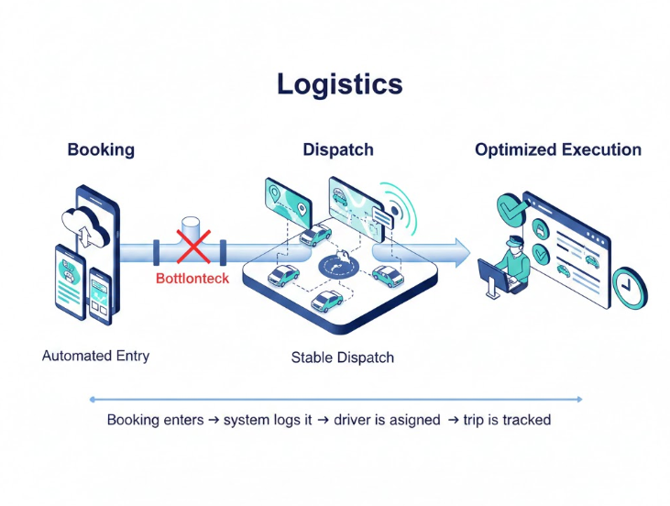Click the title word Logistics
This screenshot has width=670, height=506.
pyautogui.click(x=339, y=83)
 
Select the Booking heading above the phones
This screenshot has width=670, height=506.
pyautogui.click(x=101, y=149)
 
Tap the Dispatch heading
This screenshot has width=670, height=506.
pyautogui.click(x=338, y=149)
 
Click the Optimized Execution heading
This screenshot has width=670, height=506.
pyautogui.click(x=557, y=149)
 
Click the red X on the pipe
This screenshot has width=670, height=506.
pyautogui.click(x=193, y=248)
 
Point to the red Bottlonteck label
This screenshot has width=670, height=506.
pyautogui.click(x=192, y=278)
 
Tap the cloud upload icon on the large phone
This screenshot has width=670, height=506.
pyautogui.click(x=82, y=224)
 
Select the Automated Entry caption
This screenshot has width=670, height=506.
pyautogui.click(x=95, y=355)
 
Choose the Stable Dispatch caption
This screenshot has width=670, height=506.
pyautogui.click(x=342, y=357)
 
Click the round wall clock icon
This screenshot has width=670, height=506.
pyautogui.click(x=629, y=286)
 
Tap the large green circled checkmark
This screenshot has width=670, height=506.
pyautogui.click(x=511, y=210)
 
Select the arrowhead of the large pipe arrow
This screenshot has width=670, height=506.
pyautogui.click(x=457, y=249)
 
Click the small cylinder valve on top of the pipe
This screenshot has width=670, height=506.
pyautogui.click(x=192, y=226)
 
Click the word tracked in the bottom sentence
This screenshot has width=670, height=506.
pyautogui.click(x=524, y=421)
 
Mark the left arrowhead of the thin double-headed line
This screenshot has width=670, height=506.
pyautogui.click(x=92, y=399)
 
